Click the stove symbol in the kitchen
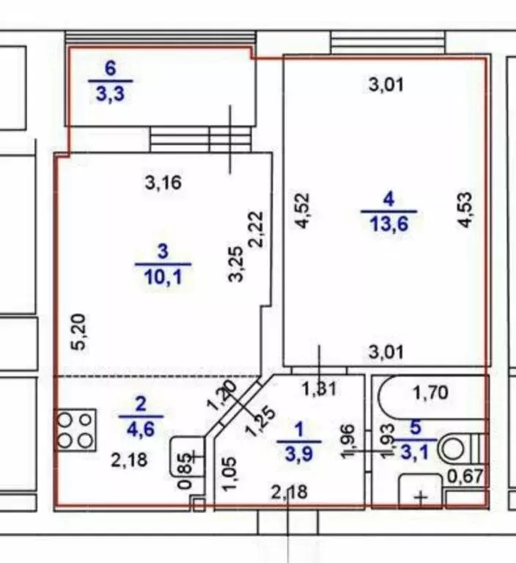point(75,430)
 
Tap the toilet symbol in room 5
point(461,446)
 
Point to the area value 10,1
point(162,278)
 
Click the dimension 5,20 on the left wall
point(82,331)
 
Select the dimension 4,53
point(464,210)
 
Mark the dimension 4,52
point(304,210)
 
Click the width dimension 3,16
point(163,183)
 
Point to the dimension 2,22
point(257,229)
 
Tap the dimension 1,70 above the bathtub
point(430,394)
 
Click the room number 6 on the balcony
point(110,70)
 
